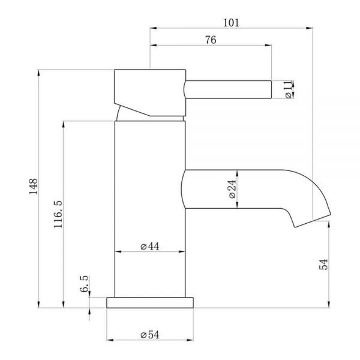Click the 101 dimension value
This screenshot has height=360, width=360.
click(x=231, y=23)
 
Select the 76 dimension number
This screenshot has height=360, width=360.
click(x=211, y=40)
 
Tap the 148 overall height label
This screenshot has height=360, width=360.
click(x=33, y=187)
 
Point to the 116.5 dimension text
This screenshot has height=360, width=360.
click(x=58, y=214)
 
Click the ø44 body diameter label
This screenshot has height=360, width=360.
click(x=149, y=247)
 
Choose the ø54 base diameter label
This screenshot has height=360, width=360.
click(x=149, y=335)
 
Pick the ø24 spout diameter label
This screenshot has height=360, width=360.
click(x=232, y=189)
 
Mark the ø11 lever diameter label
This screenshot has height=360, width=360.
click(x=289, y=89)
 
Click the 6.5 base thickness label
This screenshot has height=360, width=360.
click(x=84, y=284)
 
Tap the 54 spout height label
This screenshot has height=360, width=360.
click(x=324, y=264)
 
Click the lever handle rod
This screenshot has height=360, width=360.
click(x=228, y=89)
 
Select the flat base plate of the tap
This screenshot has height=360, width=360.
click(x=150, y=302)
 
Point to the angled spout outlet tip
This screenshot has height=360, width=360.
click(x=313, y=221)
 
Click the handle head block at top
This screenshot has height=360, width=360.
click(x=150, y=92)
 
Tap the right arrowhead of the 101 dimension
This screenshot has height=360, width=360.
click(x=310, y=28)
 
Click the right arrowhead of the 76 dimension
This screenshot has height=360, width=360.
click(x=268, y=45)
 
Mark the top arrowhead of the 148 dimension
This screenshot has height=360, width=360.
click(x=38, y=73)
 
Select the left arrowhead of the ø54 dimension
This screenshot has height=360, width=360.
click(x=110, y=340)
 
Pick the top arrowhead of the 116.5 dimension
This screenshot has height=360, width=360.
click(x=64, y=124)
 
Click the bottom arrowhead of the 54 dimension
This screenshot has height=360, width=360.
click(x=329, y=304)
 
